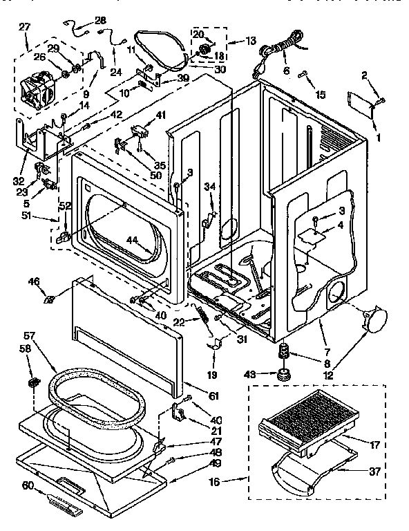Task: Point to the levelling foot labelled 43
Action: click(283, 375)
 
